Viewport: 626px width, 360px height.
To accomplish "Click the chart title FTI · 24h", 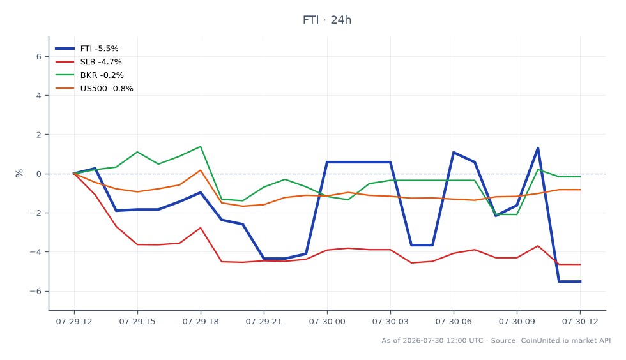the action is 326,20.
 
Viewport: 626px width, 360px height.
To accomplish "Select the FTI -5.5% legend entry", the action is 87,49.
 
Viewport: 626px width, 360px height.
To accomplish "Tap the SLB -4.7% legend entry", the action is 88,62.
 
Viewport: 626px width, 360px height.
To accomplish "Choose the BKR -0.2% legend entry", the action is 89,75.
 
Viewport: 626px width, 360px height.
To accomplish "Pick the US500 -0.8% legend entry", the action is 94,88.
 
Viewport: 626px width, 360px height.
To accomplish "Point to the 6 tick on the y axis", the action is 39,57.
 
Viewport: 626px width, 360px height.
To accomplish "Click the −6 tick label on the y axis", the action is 36,291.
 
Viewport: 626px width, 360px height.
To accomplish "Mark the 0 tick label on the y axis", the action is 39,174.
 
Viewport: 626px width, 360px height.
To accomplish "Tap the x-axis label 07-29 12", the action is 74,321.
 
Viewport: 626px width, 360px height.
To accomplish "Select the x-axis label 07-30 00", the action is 327,321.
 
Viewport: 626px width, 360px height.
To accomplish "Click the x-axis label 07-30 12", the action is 580,321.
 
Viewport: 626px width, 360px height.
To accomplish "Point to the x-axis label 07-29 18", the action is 201,321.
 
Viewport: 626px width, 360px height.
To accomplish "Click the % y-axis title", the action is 19,173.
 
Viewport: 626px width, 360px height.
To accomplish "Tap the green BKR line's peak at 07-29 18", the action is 201,146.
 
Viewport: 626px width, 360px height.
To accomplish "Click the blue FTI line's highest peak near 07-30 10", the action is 538,148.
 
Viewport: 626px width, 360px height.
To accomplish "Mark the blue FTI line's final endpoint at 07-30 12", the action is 580,281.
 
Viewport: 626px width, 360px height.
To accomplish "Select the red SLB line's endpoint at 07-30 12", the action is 580,264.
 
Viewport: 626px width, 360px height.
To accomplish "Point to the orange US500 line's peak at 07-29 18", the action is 201,170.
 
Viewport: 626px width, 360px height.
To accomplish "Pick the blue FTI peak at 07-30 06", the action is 454,153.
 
